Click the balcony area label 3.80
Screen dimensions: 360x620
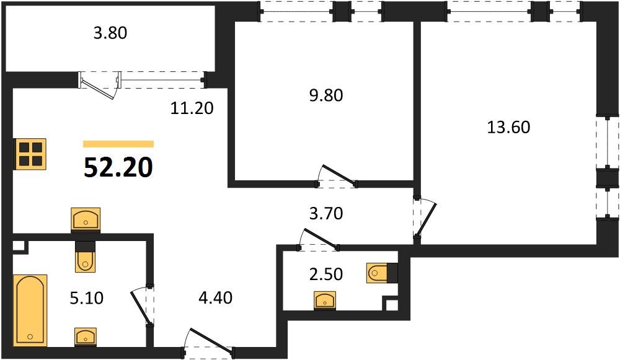[110, 33]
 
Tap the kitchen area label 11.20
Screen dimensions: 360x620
[192, 108]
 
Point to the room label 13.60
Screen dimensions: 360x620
[509, 128]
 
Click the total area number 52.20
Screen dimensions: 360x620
[118, 167]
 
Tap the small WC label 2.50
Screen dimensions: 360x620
[325, 273]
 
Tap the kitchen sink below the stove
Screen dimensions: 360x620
[86, 219]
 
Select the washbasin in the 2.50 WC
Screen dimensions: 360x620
[325, 301]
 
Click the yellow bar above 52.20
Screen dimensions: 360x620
[118, 144]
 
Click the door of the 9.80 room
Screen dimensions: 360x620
[336, 175]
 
